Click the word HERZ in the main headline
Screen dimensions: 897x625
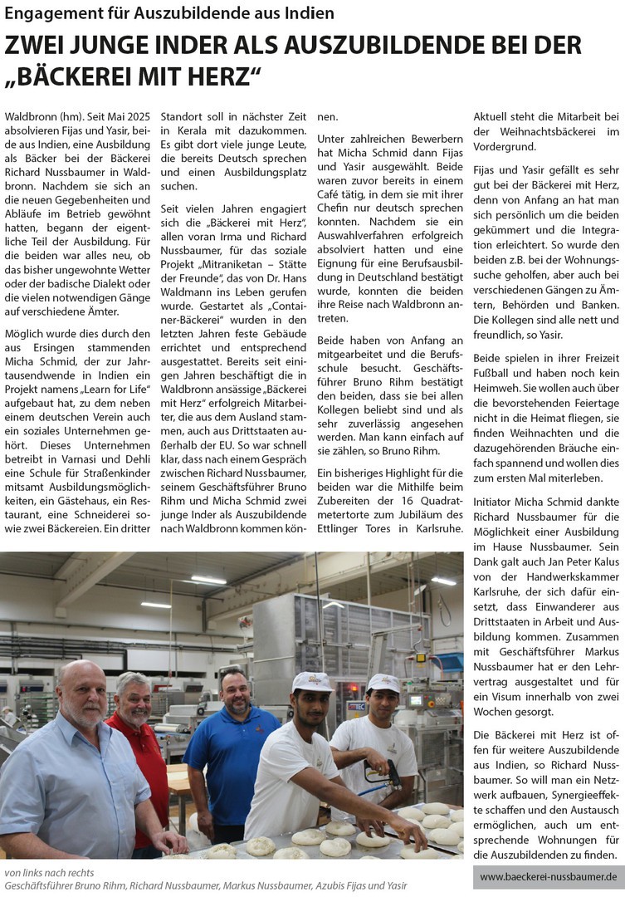(x=217, y=77)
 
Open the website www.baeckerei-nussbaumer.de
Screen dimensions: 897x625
(x=549, y=876)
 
